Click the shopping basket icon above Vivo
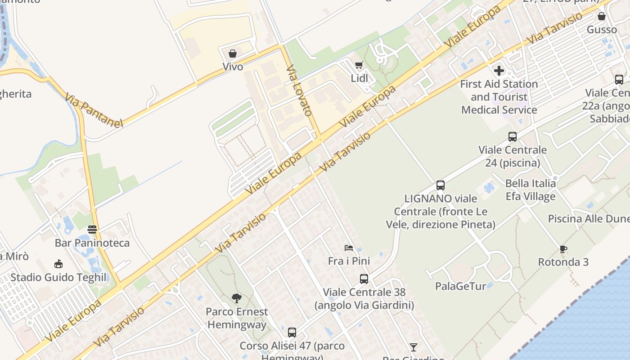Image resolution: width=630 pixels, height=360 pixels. (x=233, y=54)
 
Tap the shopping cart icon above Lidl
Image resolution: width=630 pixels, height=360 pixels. (x=359, y=65)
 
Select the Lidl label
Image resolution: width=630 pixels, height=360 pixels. (x=360, y=78)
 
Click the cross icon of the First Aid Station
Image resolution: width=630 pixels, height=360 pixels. (x=499, y=71)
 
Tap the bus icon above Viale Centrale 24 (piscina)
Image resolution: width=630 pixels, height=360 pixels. (x=512, y=137)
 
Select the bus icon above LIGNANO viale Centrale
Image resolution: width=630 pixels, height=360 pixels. (x=441, y=185)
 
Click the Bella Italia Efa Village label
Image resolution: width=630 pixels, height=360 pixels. (x=531, y=190)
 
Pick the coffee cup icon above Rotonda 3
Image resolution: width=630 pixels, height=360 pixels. (x=563, y=249)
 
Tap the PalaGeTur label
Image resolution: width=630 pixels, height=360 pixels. (x=460, y=286)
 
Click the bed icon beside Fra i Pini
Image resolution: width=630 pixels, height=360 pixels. (x=349, y=248)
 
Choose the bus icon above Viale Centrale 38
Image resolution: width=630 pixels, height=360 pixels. (x=364, y=279)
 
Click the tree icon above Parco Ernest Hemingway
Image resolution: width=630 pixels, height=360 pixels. (x=236, y=298)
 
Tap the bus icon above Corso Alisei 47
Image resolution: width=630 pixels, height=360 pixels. (x=292, y=333)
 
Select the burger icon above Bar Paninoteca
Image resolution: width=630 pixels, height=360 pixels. (x=92, y=229)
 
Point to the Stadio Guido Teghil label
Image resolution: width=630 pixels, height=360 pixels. (x=58, y=277)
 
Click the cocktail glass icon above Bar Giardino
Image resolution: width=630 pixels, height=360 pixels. (x=414, y=347)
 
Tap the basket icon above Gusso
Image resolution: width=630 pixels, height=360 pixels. (x=602, y=17)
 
